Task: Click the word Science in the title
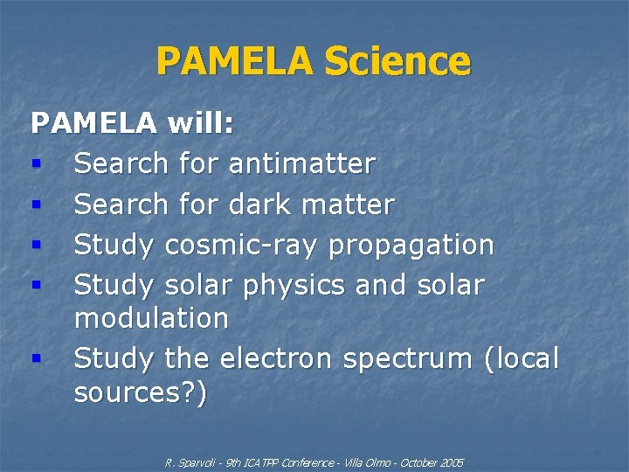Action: pos(397,62)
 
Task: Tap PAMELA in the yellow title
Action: pos(235,62)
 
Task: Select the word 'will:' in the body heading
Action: pos(201,123)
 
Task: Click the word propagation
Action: pos(411,246)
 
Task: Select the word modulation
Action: pos(151,317)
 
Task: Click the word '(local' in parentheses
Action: pos(521,358)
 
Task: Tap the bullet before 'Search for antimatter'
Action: pos(36,163)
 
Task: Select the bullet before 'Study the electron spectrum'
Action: pos(36,358)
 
